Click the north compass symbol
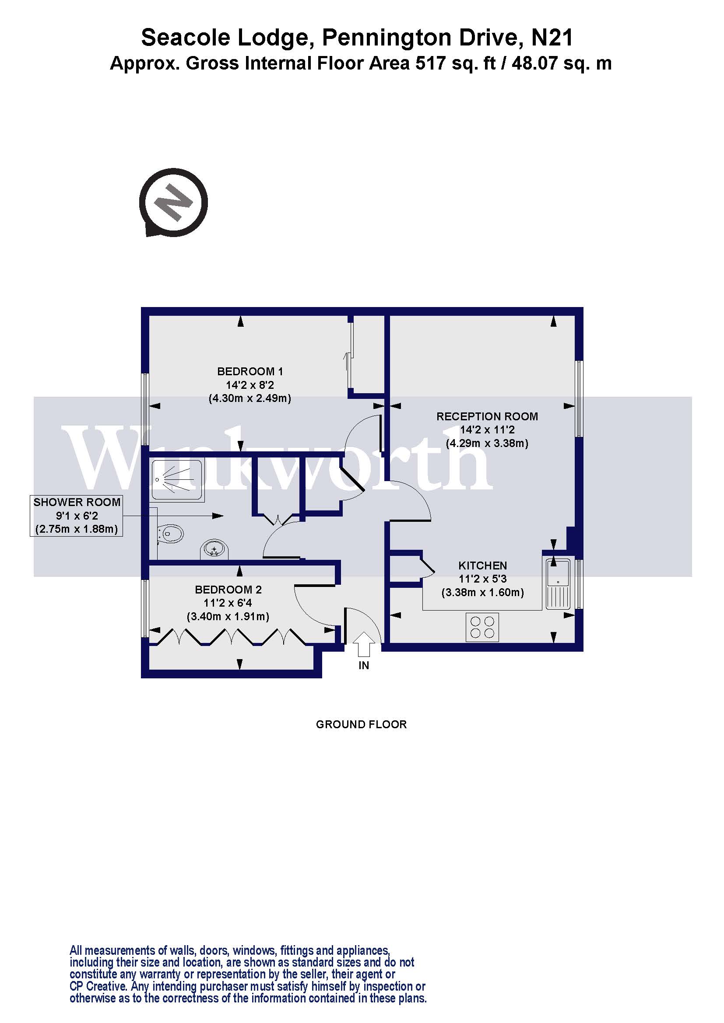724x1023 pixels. (173, 203)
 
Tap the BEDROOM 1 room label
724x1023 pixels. (250, 372)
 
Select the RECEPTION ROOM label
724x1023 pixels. (487, 417)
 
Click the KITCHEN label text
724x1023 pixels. (482, 566)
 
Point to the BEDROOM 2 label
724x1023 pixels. (228, 590)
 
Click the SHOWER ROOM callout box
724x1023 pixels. (76, 516)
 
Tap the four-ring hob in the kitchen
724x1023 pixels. (482, 627)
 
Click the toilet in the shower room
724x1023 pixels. (172, 533)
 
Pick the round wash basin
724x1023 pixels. (214, 549)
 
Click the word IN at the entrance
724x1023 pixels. (364, 665)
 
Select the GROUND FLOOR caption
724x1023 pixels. (361, 724)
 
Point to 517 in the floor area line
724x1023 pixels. (431, 63)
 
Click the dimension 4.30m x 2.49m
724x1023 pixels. (250, 398)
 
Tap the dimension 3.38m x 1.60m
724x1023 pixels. (482, 593)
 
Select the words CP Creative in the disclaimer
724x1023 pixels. (98, 986)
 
